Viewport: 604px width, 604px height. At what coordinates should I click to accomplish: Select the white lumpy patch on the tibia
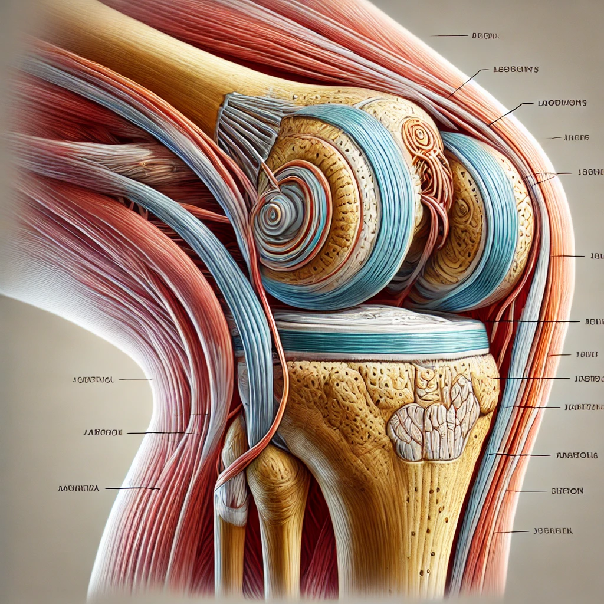click(433, 416)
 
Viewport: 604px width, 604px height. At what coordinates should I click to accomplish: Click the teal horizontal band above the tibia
click(377, 341)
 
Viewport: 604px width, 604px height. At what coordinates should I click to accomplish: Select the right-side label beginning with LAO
click(562, 103)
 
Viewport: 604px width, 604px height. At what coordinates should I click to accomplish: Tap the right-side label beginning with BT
click(567, 491)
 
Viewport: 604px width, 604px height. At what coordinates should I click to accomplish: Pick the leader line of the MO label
click(132, 488)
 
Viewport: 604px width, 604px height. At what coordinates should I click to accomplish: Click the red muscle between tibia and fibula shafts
click(321, 531)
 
